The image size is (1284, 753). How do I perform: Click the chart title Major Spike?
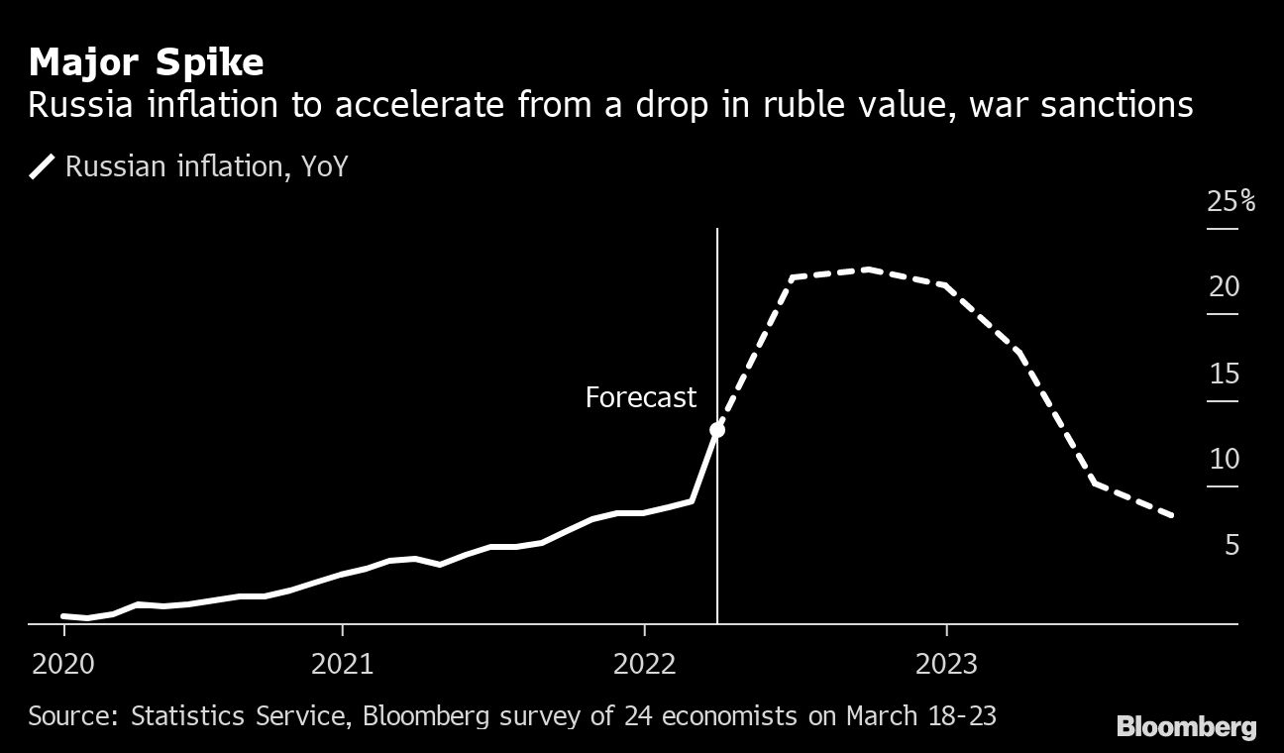coord(146,63)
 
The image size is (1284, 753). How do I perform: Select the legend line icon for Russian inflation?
coord(42,166)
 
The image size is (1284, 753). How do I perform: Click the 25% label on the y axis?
coord(1230,202)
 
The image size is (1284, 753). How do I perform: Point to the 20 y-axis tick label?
coord(1225,287)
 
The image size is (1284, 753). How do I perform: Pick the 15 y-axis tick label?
coord(1225,375)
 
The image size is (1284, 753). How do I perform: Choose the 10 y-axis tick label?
coord(1225,460)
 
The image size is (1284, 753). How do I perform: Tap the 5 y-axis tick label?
coord(1231,546)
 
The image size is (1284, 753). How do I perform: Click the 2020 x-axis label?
coord(65,663)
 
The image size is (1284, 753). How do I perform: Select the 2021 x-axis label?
coord(343,663)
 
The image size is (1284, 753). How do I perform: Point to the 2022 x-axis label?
coord(646,663)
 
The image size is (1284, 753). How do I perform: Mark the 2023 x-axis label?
coord(947,663)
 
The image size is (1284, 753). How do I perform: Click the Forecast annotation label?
coord(641,398)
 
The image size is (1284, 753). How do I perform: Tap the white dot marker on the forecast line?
coord(717,430)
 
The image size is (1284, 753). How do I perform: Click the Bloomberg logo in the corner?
coord(1186,727)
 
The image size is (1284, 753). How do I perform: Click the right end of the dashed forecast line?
coord(1173,515)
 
